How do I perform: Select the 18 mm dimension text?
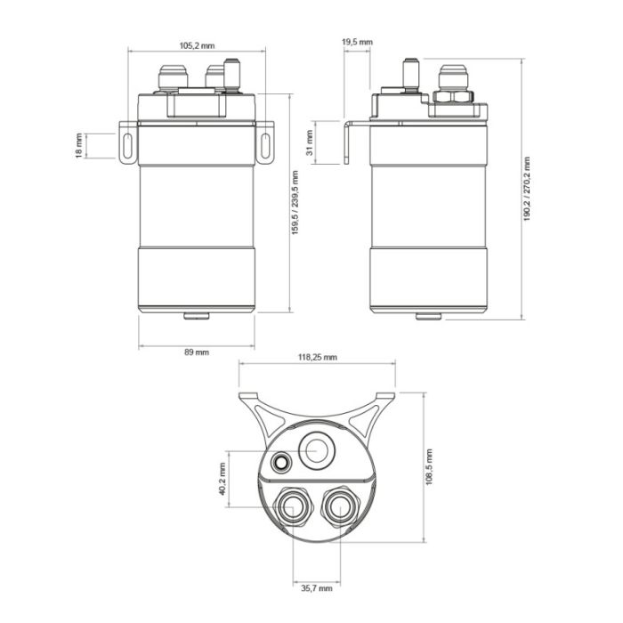(78, 146)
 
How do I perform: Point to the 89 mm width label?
(196, 352)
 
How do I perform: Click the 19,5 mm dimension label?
(357, 42)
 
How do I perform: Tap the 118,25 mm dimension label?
(317, 357)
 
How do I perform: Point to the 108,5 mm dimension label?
(429, 465)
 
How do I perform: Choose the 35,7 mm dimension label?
(315, 588)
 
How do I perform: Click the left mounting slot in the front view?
(127, 146)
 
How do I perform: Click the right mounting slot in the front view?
(265, 146)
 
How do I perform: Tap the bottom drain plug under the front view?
(196, 314)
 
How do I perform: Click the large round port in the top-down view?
(316, 451)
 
